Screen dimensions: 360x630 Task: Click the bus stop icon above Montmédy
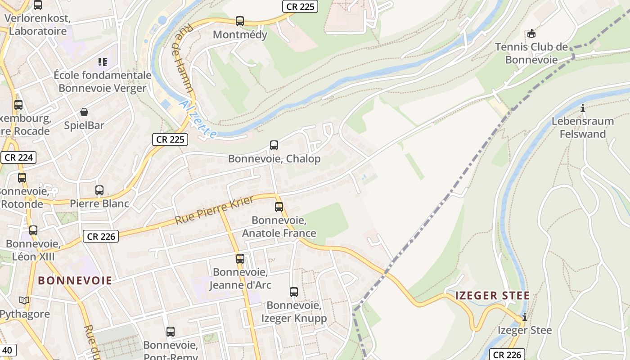240,21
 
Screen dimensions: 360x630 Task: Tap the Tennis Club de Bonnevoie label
531,53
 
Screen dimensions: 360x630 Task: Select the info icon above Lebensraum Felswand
583,108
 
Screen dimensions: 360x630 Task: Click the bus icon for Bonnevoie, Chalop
274,145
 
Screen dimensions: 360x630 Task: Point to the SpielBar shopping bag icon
84,112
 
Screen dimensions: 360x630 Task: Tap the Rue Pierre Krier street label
214,210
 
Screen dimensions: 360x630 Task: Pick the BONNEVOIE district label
75,280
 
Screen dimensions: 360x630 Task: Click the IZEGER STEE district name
492,296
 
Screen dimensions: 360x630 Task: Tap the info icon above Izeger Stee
524,317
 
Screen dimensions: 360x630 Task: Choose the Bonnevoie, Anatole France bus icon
279,207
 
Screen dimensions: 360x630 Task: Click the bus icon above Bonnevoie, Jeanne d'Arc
240,258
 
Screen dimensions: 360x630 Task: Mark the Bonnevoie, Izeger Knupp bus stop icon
294,292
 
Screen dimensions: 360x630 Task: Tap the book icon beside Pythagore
24,300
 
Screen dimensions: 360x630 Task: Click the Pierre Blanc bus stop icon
99,190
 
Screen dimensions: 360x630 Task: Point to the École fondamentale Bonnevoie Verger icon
103,62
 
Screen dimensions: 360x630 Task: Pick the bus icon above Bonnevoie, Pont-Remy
171,332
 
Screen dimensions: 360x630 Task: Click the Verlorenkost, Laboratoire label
38,25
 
